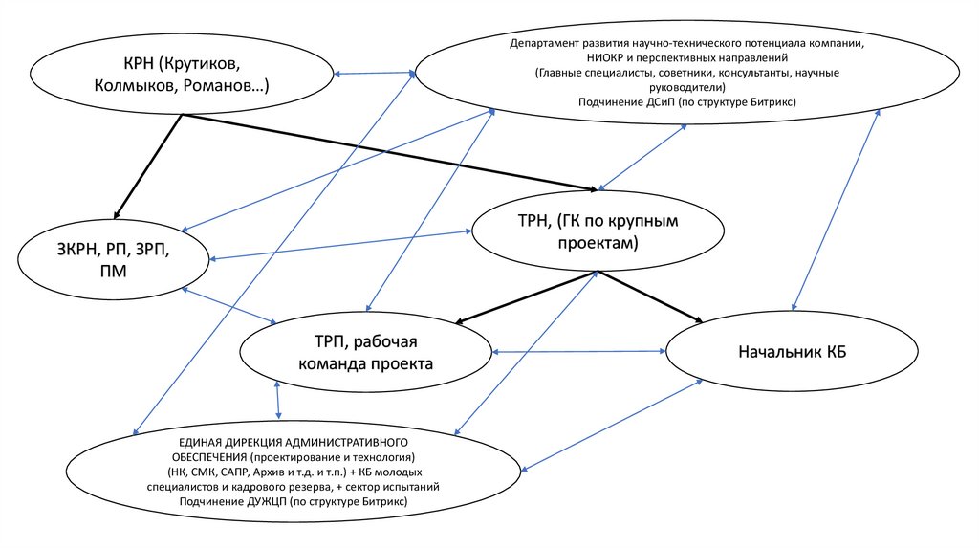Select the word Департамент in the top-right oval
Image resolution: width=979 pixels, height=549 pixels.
coord(547,44)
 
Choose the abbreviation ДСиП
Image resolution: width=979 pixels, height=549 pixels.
coord(662,100)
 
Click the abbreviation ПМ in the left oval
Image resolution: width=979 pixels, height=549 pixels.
coord(112,272)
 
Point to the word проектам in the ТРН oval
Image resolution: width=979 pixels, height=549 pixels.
coord(597,245)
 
